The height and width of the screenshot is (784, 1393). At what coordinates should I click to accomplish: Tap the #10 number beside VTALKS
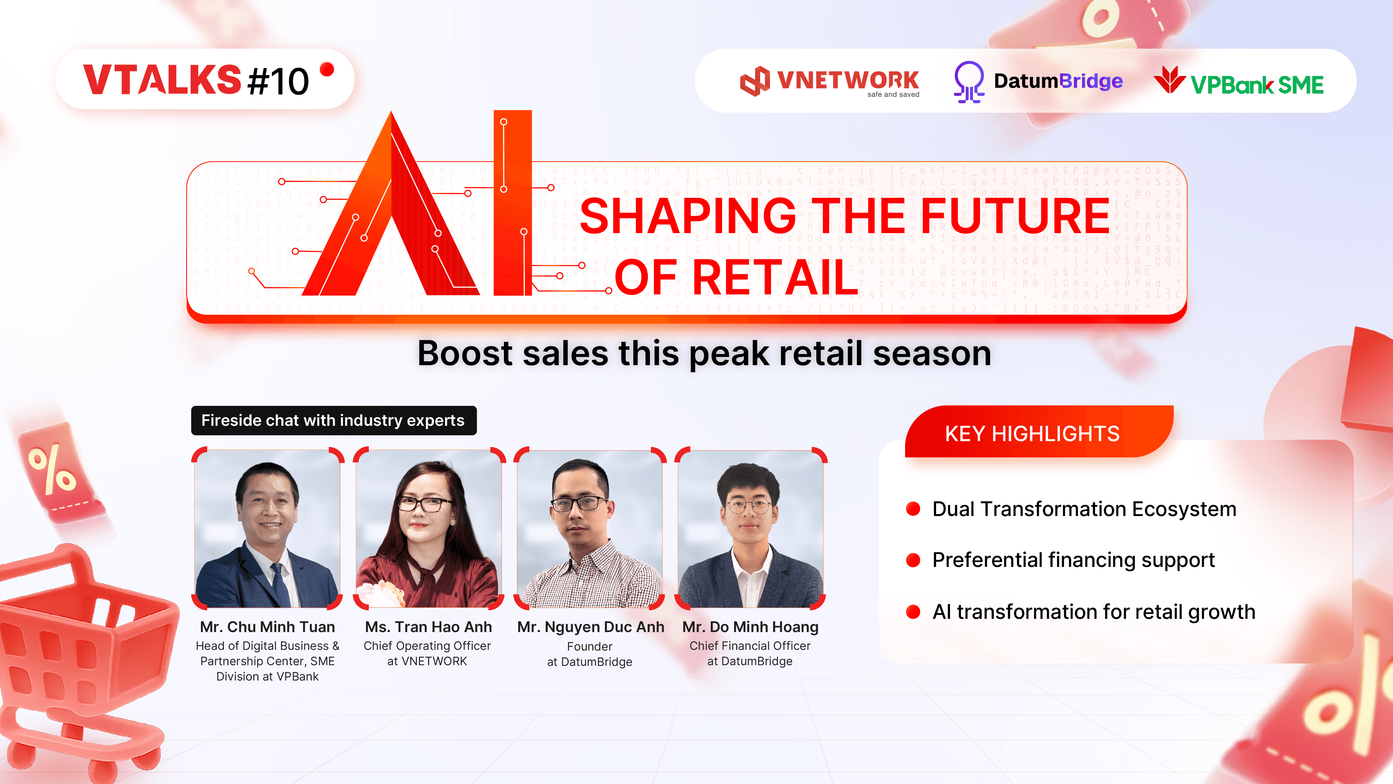coord(278,82)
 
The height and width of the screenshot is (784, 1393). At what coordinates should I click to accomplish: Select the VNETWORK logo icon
coord(755,82)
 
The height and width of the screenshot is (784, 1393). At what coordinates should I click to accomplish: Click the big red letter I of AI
coord(513,203)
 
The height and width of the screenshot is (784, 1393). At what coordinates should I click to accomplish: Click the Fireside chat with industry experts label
coord(333,421)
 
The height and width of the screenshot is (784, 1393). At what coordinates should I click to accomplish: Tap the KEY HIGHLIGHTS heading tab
coord(1032,433)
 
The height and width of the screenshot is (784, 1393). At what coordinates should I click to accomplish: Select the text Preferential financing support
coord(1073,560)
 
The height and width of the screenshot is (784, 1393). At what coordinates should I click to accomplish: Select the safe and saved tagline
coord(893,95)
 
